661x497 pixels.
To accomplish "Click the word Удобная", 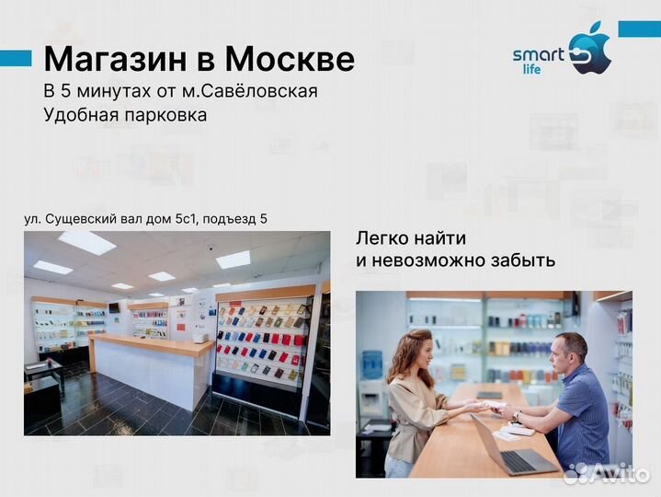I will point(78,115).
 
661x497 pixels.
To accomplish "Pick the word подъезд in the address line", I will point(227,218).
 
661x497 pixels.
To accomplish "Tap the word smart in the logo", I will point(538,55).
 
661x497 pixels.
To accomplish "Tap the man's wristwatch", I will point(517,416).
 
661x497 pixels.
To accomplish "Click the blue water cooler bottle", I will point(372,364).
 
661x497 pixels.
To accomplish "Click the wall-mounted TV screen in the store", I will point(114,306).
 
